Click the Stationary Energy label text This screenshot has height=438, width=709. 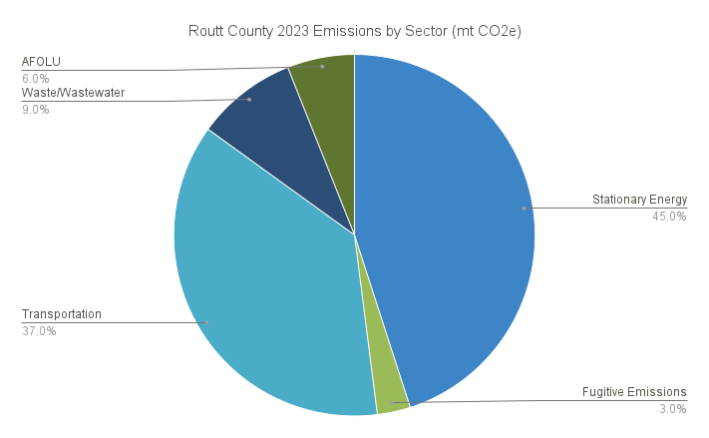tap(639, 200)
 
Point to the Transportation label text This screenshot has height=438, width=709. tap(62, 313)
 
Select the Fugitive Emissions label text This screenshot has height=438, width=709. tap(634, 391)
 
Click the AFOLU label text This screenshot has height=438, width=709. tap(41, 62)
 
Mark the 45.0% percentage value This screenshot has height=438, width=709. tap(668, 217)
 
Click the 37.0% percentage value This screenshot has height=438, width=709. tap(39, 330)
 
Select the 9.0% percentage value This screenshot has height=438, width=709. tap(36, 110)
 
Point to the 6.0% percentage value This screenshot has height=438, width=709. tap(36, 78)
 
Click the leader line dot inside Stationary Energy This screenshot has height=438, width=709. tap(524, 209)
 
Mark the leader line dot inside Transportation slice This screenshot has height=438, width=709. tap(206, 322)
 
